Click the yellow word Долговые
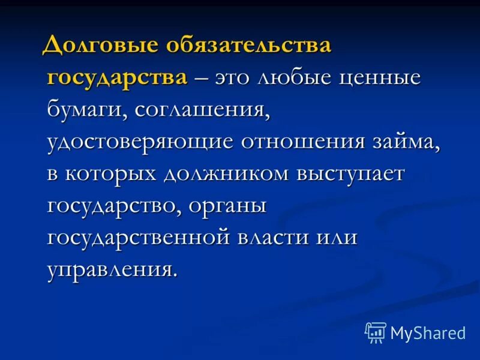coord(103,46)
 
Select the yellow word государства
coord(117,79)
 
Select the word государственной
coord(139,238)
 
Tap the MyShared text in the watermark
coord(428,332)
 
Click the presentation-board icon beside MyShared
coord(376,332)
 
